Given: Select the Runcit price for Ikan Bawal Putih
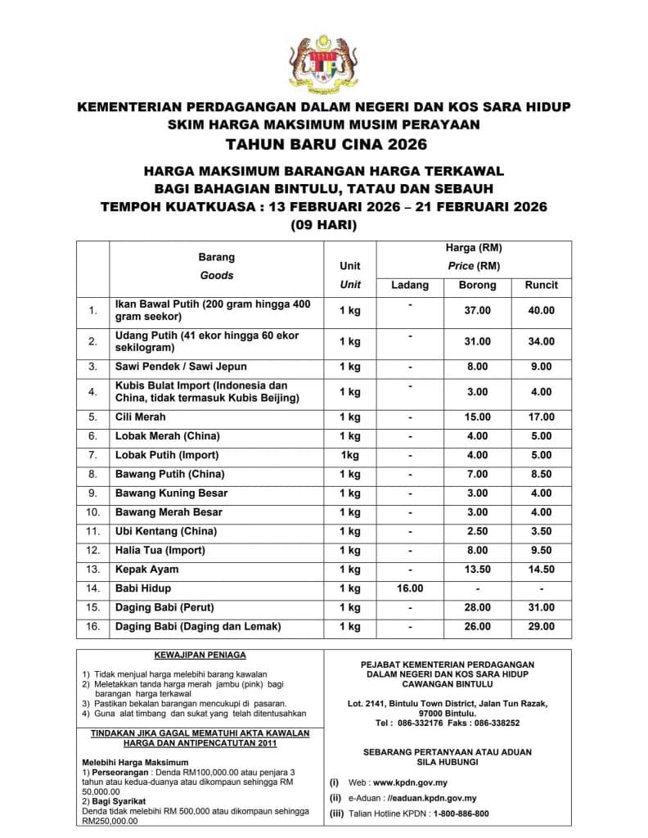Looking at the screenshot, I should click(541, 311).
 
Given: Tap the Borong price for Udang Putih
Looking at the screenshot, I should click(478, 341).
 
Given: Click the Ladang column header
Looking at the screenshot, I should click(410, 285).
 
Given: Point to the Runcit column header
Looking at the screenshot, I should click(541, 285).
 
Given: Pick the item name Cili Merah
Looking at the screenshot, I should click(142, 417).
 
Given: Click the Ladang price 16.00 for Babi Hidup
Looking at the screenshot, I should click(410, 588).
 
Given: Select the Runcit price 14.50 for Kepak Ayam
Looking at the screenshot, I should click(541, 570).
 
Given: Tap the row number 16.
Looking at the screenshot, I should click(93, 627).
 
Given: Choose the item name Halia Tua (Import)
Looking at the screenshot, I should click(160, 550).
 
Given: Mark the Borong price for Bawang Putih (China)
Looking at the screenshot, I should click(478, 474).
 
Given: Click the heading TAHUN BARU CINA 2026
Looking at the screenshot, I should click(324, 146).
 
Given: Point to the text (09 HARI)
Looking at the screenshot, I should click(324, 224).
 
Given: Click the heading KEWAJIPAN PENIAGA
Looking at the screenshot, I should click(200, 656).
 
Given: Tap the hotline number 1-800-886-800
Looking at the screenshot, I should click(449, 813).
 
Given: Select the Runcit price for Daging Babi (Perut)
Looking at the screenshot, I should click(541, 607).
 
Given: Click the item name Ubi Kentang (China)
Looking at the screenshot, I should click(164, 531).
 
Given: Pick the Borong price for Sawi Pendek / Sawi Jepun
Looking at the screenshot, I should click(478, 367).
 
